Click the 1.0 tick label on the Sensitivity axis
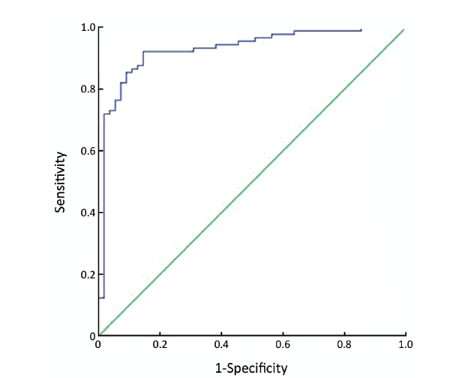[x=88, y=28]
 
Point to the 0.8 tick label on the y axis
[x=88, y=89]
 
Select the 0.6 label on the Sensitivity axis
[x=88, y=151]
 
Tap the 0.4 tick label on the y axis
[x=88, y=213]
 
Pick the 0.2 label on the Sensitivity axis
[x=88, y=274]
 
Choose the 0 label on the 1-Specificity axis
[x=98, y=345]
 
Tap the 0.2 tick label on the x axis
[x=160, y=345]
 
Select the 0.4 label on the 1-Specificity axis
[x=221, y=345]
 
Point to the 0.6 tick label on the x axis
[x=283, y=345]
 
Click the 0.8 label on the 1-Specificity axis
[x=344, y=345]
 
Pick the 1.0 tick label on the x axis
[x=405, y=345]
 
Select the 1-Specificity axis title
[x=252, y=367]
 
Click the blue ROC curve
[x=187, y=51]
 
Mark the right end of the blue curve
[x=361, y=30]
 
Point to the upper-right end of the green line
[x=404, y=30]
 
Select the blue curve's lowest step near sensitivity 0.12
[x=101, y=298]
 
